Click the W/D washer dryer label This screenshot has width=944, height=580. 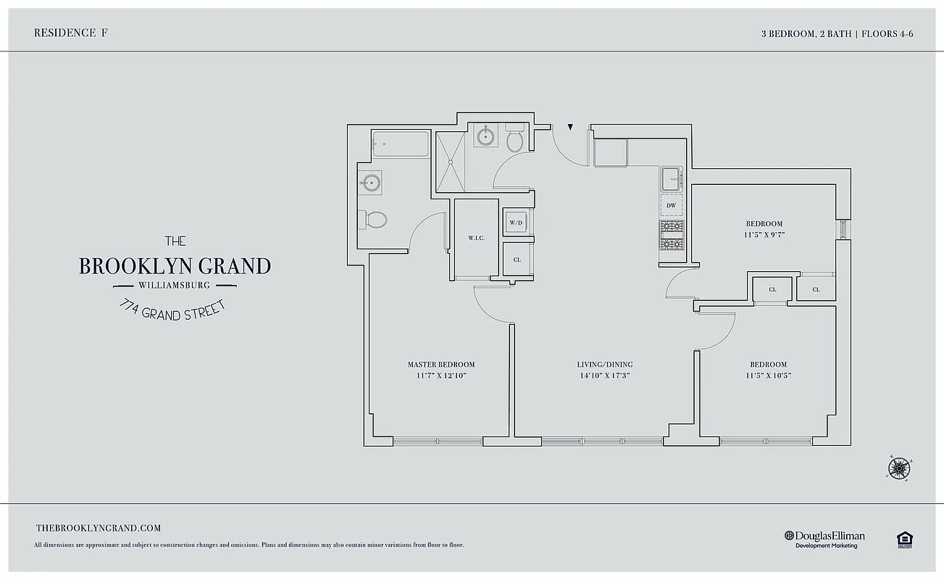[516, 223]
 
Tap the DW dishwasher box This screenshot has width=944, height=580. [671, 206]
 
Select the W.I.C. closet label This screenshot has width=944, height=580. [476, 238]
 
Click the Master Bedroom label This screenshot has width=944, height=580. [440, 364]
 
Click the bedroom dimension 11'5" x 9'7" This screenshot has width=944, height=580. [764, 235]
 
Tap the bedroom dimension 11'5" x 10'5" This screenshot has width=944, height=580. [768, 376]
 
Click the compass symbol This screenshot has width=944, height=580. [898, 468]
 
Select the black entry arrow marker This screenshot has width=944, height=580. [571, 128]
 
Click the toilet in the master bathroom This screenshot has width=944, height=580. [375, 219]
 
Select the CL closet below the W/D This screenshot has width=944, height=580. [517, 259]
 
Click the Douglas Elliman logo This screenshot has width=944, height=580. [824, 539]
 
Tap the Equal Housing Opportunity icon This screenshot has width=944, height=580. [903, 539]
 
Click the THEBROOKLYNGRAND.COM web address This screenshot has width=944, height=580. [99, 529]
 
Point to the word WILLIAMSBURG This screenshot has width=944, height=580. [174, 285]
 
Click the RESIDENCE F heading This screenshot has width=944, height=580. [66, 33]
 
